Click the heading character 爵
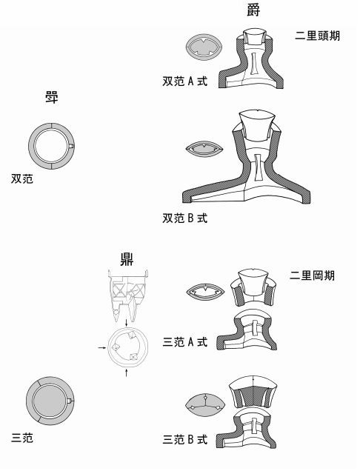tap(253, 10)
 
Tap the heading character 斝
tap(51, 98)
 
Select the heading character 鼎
tap(127, 259)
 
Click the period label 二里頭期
tap(317, 36)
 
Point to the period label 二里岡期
tap(312, 275)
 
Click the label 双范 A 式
tap(184, 81)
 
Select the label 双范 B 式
tap(184, 218)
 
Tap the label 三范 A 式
tap(184, 342)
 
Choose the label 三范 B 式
tap(184, 439)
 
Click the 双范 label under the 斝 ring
tap(22, 178)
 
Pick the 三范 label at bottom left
tap(22, 438)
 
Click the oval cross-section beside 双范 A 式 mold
tap(204, 47)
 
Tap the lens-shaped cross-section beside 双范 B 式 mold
tap(204, 149)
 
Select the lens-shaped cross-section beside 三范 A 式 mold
tap(205, 291)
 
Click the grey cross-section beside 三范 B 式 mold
tap(205, 405)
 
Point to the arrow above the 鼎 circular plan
tap(127, 323)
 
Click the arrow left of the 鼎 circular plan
tap(102, 348)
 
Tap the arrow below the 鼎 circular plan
tap(126, 373)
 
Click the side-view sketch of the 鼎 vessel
tap(128, 295)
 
